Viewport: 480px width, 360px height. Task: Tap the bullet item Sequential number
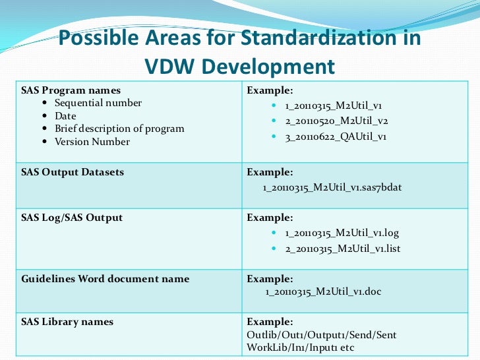98,103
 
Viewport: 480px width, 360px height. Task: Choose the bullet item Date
65,115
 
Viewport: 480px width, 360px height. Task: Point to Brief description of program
119,129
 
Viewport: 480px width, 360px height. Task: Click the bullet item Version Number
92,141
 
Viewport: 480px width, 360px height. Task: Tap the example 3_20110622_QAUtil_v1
336,136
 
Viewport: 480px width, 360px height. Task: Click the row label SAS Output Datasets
73,172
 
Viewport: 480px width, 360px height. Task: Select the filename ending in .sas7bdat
332,187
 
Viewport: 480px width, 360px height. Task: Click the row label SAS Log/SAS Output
72,217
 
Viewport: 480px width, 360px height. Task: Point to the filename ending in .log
342,233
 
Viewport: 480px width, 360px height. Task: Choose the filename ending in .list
342,249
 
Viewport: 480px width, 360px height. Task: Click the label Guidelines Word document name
105,278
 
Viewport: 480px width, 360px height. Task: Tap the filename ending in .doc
323,291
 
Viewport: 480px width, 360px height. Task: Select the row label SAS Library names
67,322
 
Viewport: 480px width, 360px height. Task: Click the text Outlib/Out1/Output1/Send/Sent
322,335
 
